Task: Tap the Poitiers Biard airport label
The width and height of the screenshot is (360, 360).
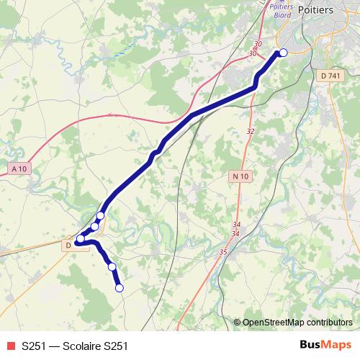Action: point(279,9)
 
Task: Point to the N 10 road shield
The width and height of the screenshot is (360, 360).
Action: point(240,176)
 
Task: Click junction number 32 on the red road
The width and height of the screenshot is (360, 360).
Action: point(251,131)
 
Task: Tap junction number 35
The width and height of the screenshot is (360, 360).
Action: point(223,252)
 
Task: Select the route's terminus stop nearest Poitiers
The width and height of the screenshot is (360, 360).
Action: point(283,52)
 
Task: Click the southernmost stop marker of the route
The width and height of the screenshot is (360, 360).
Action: point(120,288)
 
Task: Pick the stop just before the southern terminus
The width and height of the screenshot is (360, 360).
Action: point(112,266)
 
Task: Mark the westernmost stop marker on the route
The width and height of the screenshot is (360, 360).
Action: point(81,238)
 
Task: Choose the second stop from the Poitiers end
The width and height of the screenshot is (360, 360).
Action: point(100,215)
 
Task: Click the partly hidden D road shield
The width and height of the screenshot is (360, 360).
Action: point(68,245)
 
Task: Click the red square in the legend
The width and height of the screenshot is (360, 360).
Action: point(10,346)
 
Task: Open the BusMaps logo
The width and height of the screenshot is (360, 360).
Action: point(325,345)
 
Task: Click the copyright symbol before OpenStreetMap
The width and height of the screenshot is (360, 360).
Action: point(238,323)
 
